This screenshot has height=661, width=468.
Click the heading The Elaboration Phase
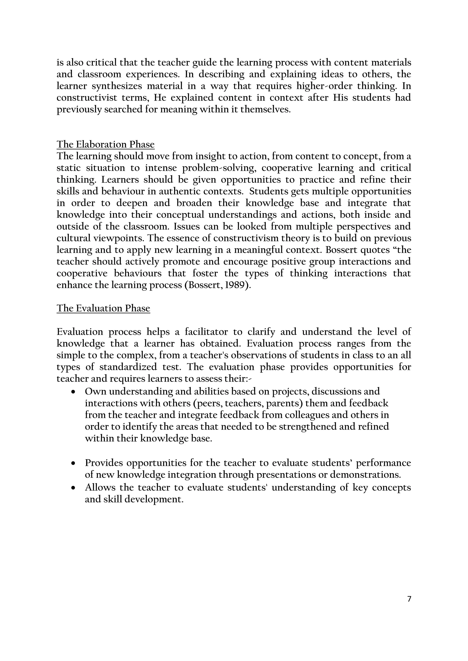(106, 144)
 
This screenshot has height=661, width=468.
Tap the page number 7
(409, 599)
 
